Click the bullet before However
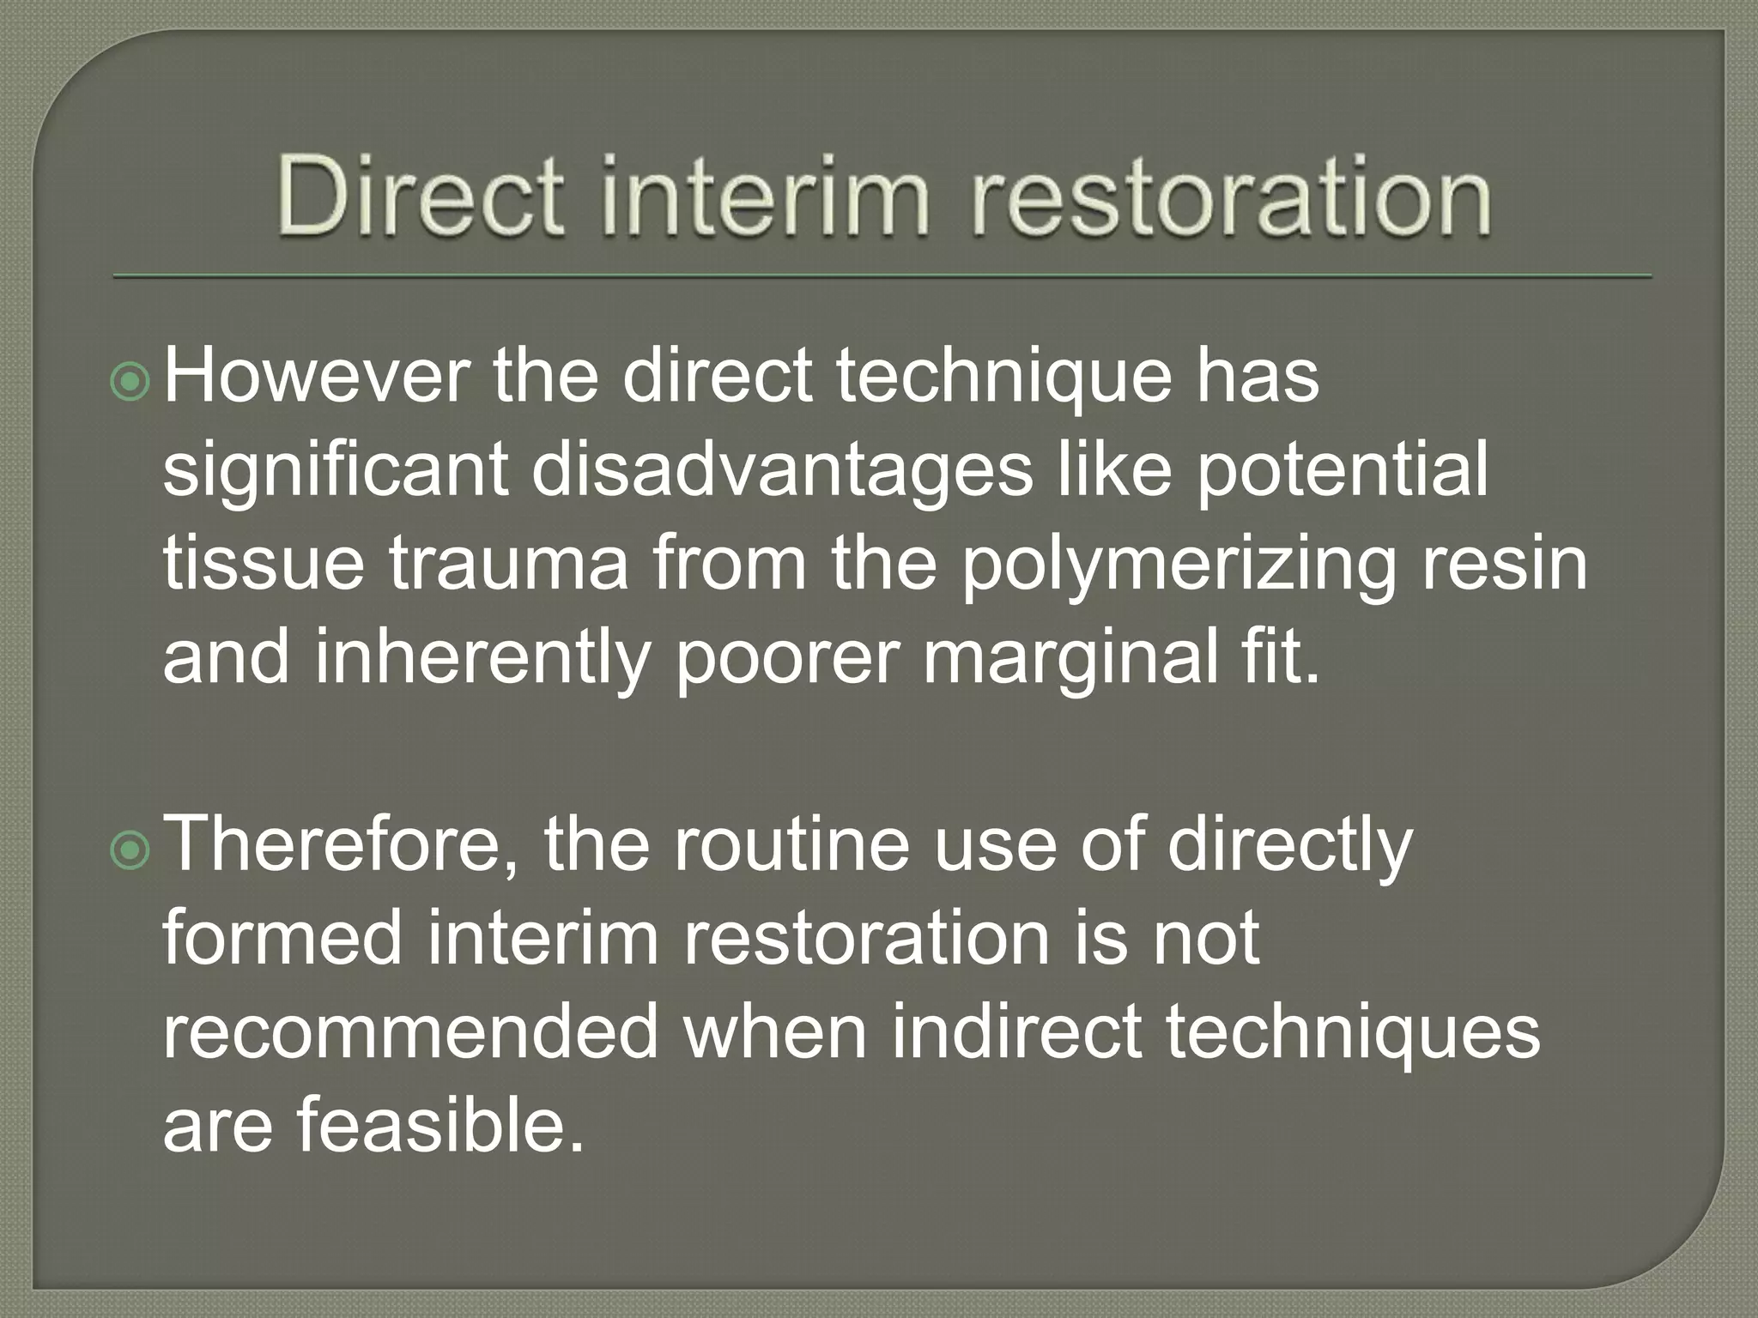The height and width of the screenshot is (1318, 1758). coord(131,383)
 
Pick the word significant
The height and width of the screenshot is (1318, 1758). coord(335,472)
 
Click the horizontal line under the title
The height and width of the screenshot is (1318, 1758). coord(882,277)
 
